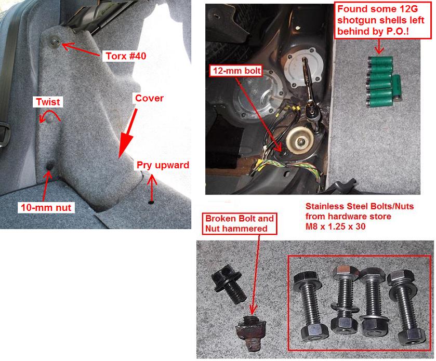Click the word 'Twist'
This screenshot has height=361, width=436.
point(48,102)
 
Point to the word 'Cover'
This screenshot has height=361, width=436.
point(150,98)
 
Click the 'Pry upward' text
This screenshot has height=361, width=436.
point(162,166)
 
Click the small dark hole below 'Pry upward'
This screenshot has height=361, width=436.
point(151,202)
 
